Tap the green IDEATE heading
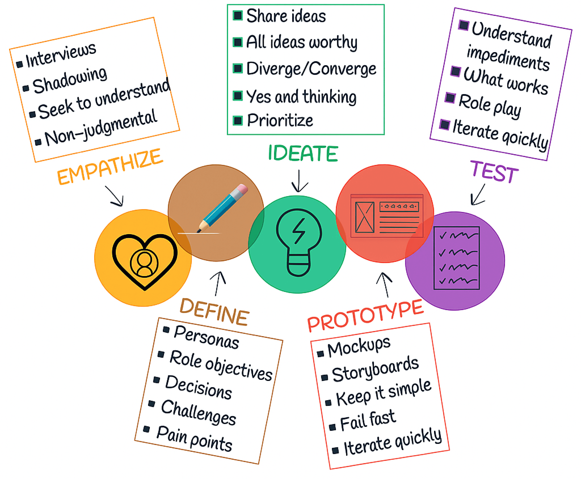(303, 153)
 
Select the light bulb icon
(298, 242)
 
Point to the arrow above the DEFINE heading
(218, 283)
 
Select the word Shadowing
(70, 80)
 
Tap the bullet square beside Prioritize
(237, 121)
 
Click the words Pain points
(194, 439)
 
